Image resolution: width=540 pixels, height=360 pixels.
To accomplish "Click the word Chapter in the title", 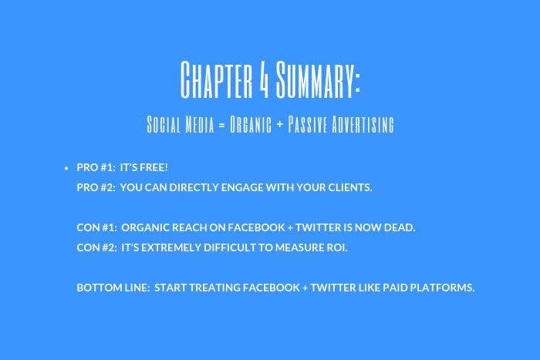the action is coord(217,79).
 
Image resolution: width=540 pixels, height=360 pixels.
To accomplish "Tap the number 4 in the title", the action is coord(264,79).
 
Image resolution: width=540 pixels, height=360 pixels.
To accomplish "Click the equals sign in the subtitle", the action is coord(222,125).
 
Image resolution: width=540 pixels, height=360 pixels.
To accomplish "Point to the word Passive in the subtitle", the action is coord(307,124).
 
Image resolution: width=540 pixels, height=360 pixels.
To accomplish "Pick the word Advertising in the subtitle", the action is coord(363,124).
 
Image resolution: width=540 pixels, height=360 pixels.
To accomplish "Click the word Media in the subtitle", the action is coord(200,124).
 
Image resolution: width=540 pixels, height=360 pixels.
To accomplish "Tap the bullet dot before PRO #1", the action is coord(66,168).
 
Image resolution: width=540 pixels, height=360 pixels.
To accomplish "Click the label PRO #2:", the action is coord(96,187).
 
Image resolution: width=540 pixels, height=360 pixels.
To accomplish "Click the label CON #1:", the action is coord(96,227).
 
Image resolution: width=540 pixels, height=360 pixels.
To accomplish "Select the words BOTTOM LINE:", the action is coord(113,288).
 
